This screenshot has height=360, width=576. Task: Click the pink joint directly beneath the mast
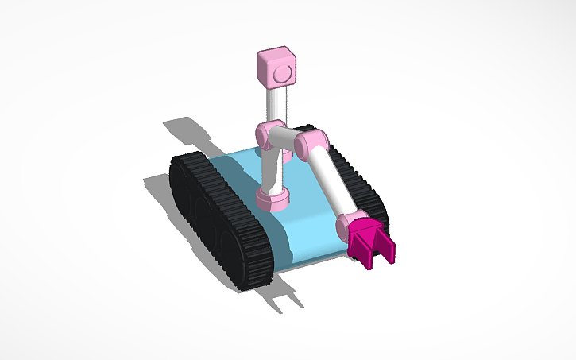(x=269, y=134)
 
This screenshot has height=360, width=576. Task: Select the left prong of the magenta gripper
(x=364, y=253)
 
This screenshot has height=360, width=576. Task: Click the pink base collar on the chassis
(x=272, y=198)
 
